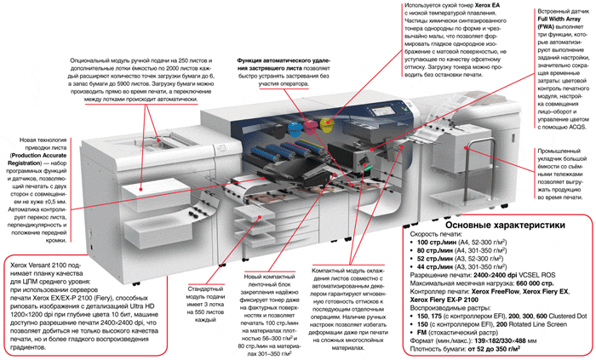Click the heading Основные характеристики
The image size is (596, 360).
coord(493,225)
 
